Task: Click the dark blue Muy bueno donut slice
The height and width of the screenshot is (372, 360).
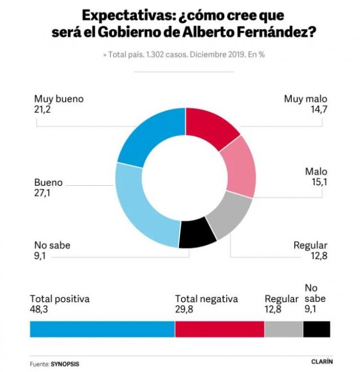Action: [x=149, y=135]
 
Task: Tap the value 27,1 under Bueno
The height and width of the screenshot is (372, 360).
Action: [x=42, y=193]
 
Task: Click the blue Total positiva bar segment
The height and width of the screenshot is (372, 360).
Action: [x=102, y=329]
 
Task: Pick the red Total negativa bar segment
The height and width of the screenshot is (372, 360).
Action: [x=219, y=329]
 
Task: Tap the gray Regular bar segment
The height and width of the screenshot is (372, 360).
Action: [x=284, y=329]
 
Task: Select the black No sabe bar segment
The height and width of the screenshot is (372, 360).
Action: [x=316, y=329]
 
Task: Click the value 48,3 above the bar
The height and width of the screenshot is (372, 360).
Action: [x=39, y=309]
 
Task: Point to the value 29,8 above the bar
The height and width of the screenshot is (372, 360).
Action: [x=184, y=309]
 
